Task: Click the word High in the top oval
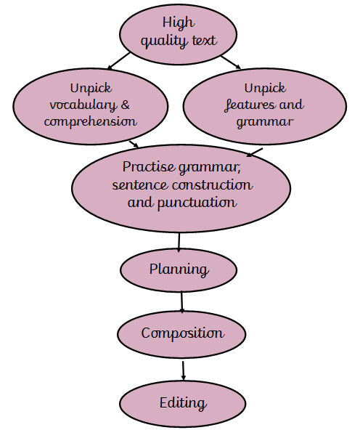coord(179,23)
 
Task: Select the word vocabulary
coord(83,105)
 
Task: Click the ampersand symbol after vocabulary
coord(125,105)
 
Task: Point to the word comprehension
coord(91,121)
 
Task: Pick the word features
coord(246,105)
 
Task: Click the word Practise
coord(148,167)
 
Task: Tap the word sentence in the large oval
coord(140,185)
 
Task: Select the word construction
coord(213,184)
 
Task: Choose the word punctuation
coord(197,203)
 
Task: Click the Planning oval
coord(179,270)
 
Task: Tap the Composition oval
coord(181,334)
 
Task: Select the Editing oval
coord(182,404)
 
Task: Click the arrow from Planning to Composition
coord(181,302)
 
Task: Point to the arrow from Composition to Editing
coord(183,370)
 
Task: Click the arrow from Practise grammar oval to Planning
coord(179,243)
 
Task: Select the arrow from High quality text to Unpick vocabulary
coord(118,61)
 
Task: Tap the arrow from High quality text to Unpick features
coord(231,62)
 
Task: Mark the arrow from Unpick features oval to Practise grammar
coord(255,153)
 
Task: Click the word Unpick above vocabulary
coord(91,89)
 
